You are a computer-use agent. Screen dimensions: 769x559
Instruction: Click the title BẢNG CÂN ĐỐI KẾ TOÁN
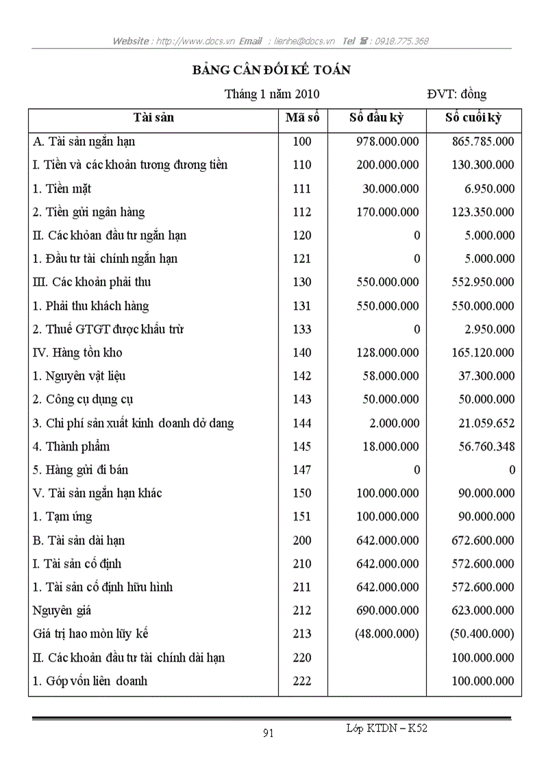point(271,71)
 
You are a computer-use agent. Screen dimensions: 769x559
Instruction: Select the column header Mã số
point(302,118)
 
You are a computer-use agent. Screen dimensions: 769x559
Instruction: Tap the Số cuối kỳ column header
point(473,118)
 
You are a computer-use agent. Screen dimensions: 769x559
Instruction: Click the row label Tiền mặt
point(62,188)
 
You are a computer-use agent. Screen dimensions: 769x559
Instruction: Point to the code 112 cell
point(302,212)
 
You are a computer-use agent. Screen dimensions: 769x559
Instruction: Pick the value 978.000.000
point(388,142)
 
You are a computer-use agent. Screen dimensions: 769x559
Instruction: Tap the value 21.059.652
point(486,423)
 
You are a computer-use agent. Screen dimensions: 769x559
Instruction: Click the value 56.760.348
point(486,446)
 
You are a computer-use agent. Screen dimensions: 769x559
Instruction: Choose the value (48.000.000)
point(387,634)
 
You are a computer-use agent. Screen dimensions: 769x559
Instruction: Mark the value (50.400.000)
point(482,634)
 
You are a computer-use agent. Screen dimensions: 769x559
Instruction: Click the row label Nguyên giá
point(62,610)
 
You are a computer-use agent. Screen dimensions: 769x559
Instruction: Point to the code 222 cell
point(302,681)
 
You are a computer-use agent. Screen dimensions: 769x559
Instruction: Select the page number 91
point(269,733)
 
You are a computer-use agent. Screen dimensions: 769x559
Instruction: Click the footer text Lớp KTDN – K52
point(386,729)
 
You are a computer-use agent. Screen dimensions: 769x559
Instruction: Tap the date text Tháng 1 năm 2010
point(272,94)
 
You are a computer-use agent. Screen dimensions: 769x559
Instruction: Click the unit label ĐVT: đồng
point(457,94)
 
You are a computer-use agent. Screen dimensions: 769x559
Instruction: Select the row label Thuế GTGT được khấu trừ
point(108,329)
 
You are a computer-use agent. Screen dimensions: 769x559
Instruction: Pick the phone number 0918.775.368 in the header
point(401,41)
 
